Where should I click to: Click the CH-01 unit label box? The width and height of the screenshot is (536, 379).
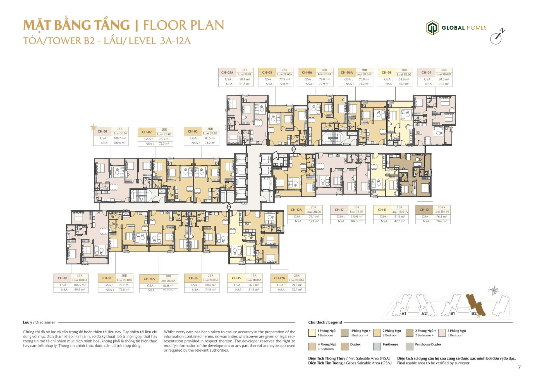click(102, 131)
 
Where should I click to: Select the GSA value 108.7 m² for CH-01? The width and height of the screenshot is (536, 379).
click(120, 138)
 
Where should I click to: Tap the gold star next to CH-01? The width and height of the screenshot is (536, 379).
click(93, 127)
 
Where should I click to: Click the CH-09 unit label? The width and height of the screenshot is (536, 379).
click(426, 73)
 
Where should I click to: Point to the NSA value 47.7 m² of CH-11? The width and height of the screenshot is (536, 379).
click(399, 221)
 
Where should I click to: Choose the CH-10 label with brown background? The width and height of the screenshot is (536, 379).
click(424, 210)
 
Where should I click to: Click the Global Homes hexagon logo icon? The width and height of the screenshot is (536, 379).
click(432, 28)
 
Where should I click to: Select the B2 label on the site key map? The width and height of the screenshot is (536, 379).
click(474, 313)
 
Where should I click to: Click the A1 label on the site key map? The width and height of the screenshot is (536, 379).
click(404, 313)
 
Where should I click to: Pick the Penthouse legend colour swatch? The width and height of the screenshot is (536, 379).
click(377, 346)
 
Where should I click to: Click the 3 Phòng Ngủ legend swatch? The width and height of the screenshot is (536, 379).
click(442, 333)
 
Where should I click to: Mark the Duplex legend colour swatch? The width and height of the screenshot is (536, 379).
click(344, 346)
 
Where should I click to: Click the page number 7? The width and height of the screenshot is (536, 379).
click(519, 367)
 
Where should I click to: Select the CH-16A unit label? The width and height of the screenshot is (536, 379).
click(149, 279)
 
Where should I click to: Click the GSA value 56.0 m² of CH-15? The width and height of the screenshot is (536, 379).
click(253, 285)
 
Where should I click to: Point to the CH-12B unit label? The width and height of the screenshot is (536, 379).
click(279, 278)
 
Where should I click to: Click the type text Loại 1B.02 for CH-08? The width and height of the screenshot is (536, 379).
click(404, 75)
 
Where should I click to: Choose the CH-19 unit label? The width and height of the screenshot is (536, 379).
click(62, 278)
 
